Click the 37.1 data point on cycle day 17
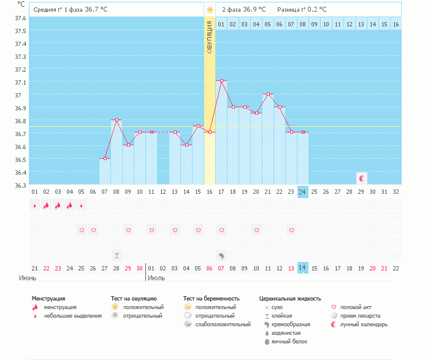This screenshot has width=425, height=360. pyautogui.click(x=221, y=80)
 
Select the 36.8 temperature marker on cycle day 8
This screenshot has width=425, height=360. pyautogui.click(x=116, y=120)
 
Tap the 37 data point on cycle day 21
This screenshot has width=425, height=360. pyautogui.click(x=267, y=94)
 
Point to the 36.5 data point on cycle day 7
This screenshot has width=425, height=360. pyautogui.click(x=105, y=158)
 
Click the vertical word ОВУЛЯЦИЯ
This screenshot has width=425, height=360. pyautogui.click(x=209, y=38)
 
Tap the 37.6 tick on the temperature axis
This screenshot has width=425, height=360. pyautogui.click(x=20, y=18)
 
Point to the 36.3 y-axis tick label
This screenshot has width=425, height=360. pyautogui.click(x=20, y=185)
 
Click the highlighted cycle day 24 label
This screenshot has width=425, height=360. pyautogui.click(x=302, y=191)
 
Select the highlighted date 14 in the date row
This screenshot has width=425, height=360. pyautogui.click(x=302, y=268)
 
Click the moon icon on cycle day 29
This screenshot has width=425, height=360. pyautogui.click(x=362, y=178)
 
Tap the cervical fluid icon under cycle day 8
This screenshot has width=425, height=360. pyautogui.click(x=117, y=255)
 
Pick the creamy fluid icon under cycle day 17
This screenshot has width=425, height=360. pyautogui.click(x=221, y=255)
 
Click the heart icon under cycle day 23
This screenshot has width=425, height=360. pyautogui.click(x=291, y=230)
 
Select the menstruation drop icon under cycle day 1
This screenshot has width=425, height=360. pyautogui.click(x=35, y=205)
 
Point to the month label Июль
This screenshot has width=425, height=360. pyautogui.click(x=156, y=278)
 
